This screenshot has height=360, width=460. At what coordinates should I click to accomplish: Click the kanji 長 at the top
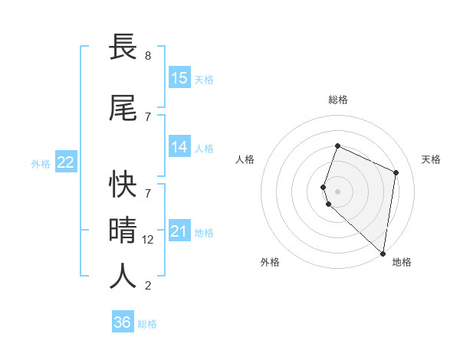pos(123,47)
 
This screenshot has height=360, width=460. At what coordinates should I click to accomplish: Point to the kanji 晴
pos(123,229)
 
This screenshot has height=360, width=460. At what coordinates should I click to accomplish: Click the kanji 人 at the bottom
pos(123,276)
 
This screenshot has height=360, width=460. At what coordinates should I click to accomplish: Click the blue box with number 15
pos(179,78)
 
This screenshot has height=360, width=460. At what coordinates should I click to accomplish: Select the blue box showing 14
pos(179,148)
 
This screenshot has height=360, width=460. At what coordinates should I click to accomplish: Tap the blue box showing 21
pos(179,231)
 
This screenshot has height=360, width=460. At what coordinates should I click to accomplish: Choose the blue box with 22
pos(66,162)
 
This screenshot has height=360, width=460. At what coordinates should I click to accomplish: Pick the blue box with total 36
pos(123,322)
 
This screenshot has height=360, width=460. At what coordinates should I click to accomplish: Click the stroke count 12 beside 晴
pos(149,240)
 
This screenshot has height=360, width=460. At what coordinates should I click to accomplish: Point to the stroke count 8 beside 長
pos(147,56)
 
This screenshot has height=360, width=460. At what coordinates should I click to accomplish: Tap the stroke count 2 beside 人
pos(147,286)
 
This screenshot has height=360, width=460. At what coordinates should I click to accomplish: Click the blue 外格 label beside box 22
pos(41,163)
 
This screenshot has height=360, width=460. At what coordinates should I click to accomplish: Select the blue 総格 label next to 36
pos(147,324)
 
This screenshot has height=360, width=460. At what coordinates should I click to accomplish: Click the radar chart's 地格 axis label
pos(402,262)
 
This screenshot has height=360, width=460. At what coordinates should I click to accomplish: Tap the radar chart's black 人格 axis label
pos(245,159)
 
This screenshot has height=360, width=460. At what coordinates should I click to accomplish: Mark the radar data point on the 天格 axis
pos(396,172)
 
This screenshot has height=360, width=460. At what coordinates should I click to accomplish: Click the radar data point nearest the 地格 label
pos(383,254)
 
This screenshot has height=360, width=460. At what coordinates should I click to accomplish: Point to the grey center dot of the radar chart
pos(337,191)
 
